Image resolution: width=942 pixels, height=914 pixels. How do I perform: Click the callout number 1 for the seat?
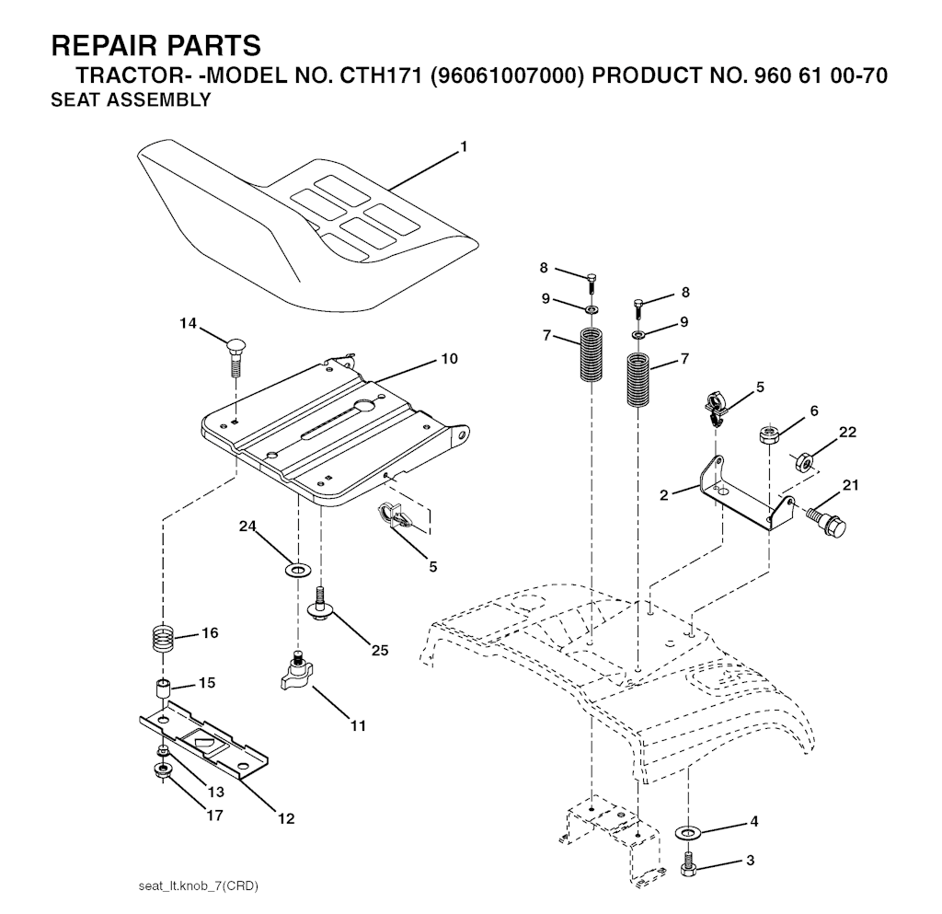pos(464,146)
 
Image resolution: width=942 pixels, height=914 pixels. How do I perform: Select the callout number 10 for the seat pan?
pos(449,358)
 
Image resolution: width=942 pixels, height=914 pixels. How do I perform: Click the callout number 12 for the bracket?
pos(286,818)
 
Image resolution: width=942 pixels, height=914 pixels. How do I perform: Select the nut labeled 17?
pos(163,769)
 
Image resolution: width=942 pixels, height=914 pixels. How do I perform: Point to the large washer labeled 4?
pos(687,831)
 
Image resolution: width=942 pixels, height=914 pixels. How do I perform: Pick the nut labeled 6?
pos(769,434)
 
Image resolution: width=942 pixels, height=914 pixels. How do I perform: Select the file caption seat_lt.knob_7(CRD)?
pos(198,886)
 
